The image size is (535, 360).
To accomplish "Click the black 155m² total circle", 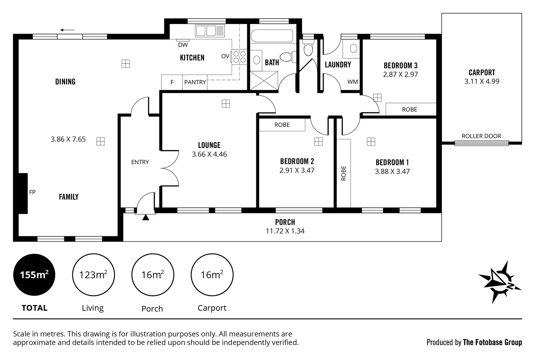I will [x=34, y=275].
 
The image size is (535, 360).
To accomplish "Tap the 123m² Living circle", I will [x=93, y=275].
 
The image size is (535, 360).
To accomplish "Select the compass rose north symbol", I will [x=500, y=282].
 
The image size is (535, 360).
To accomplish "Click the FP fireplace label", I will [x=32, y=192].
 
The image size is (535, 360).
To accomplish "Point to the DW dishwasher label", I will [x=183, y=45].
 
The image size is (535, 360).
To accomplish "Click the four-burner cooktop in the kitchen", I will [x=239, y=57].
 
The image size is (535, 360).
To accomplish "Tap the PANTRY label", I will [x=195, y=82].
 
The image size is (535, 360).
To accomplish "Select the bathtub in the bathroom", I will [x=272, y=36].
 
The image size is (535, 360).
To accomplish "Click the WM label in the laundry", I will [x=352, y=82].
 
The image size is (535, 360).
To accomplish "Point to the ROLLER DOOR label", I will [x=481, y=136].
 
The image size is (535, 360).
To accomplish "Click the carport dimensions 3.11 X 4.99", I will [x=482, y=81].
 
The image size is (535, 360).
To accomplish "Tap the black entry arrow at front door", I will [x=146, y=218].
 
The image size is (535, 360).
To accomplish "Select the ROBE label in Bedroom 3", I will [x=409, y=109].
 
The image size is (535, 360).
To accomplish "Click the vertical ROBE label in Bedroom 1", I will [x=344, y=173].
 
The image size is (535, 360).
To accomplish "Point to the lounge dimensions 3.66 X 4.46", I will [x=209, y=154].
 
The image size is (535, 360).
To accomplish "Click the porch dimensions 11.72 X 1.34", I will [x=285, y=231].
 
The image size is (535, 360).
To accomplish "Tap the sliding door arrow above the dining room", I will [x=68, y=30].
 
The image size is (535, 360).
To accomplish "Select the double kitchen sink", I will [x=206, y=31].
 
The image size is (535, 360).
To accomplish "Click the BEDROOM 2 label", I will [x=297, y=161].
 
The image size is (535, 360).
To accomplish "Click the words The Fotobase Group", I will [x=492, y=342].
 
